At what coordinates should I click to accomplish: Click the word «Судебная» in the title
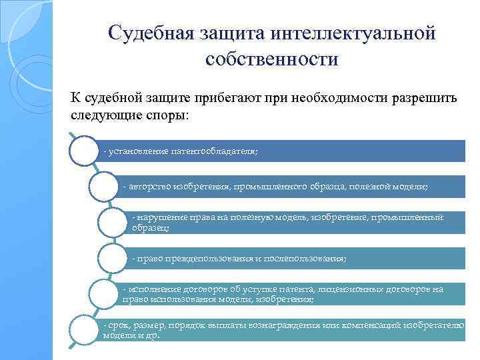coord(153,33)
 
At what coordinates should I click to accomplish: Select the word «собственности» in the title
coord(272,59)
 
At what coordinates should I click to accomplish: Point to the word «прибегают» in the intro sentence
coord(229,98)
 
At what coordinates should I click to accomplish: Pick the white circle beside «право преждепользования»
coord(111,257)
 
